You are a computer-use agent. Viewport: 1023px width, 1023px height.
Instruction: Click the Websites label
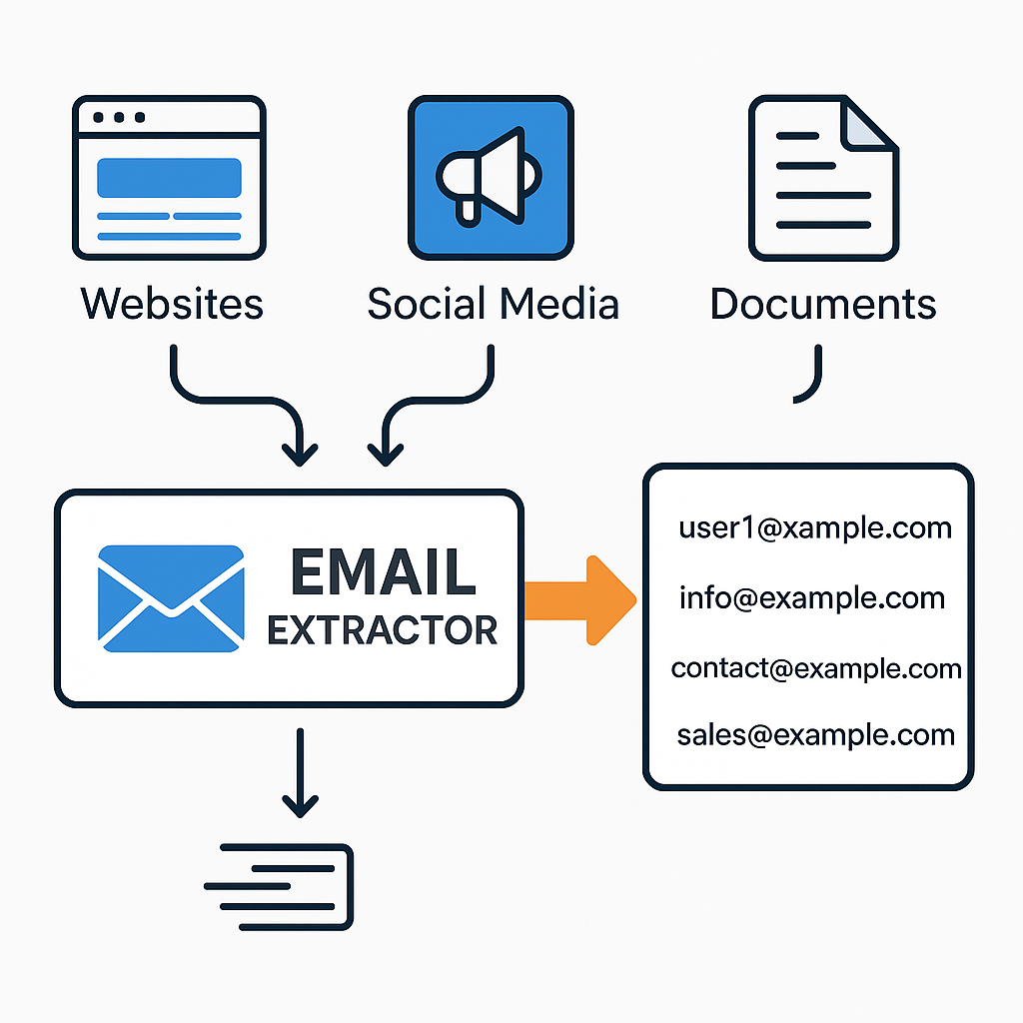click(172, 303)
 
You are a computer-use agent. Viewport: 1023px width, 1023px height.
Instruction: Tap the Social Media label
click(493, 303)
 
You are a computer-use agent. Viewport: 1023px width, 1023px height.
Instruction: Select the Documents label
click(823, 303)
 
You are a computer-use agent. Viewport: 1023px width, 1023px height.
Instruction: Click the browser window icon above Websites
click(168, 178)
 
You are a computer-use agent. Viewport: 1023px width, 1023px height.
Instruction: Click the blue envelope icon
click(171, 598)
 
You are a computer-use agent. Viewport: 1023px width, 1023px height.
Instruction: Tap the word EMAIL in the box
click(383, 572)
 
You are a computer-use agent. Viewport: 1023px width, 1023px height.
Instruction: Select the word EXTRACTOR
click(383, 630)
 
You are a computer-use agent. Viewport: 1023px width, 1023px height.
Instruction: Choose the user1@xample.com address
click(815, 526)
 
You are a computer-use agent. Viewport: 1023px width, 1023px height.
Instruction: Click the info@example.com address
click(811, 597)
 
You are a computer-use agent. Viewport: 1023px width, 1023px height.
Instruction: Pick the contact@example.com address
click(816, 667)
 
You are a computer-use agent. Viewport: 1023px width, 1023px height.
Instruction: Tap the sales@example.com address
click(815, 736)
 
